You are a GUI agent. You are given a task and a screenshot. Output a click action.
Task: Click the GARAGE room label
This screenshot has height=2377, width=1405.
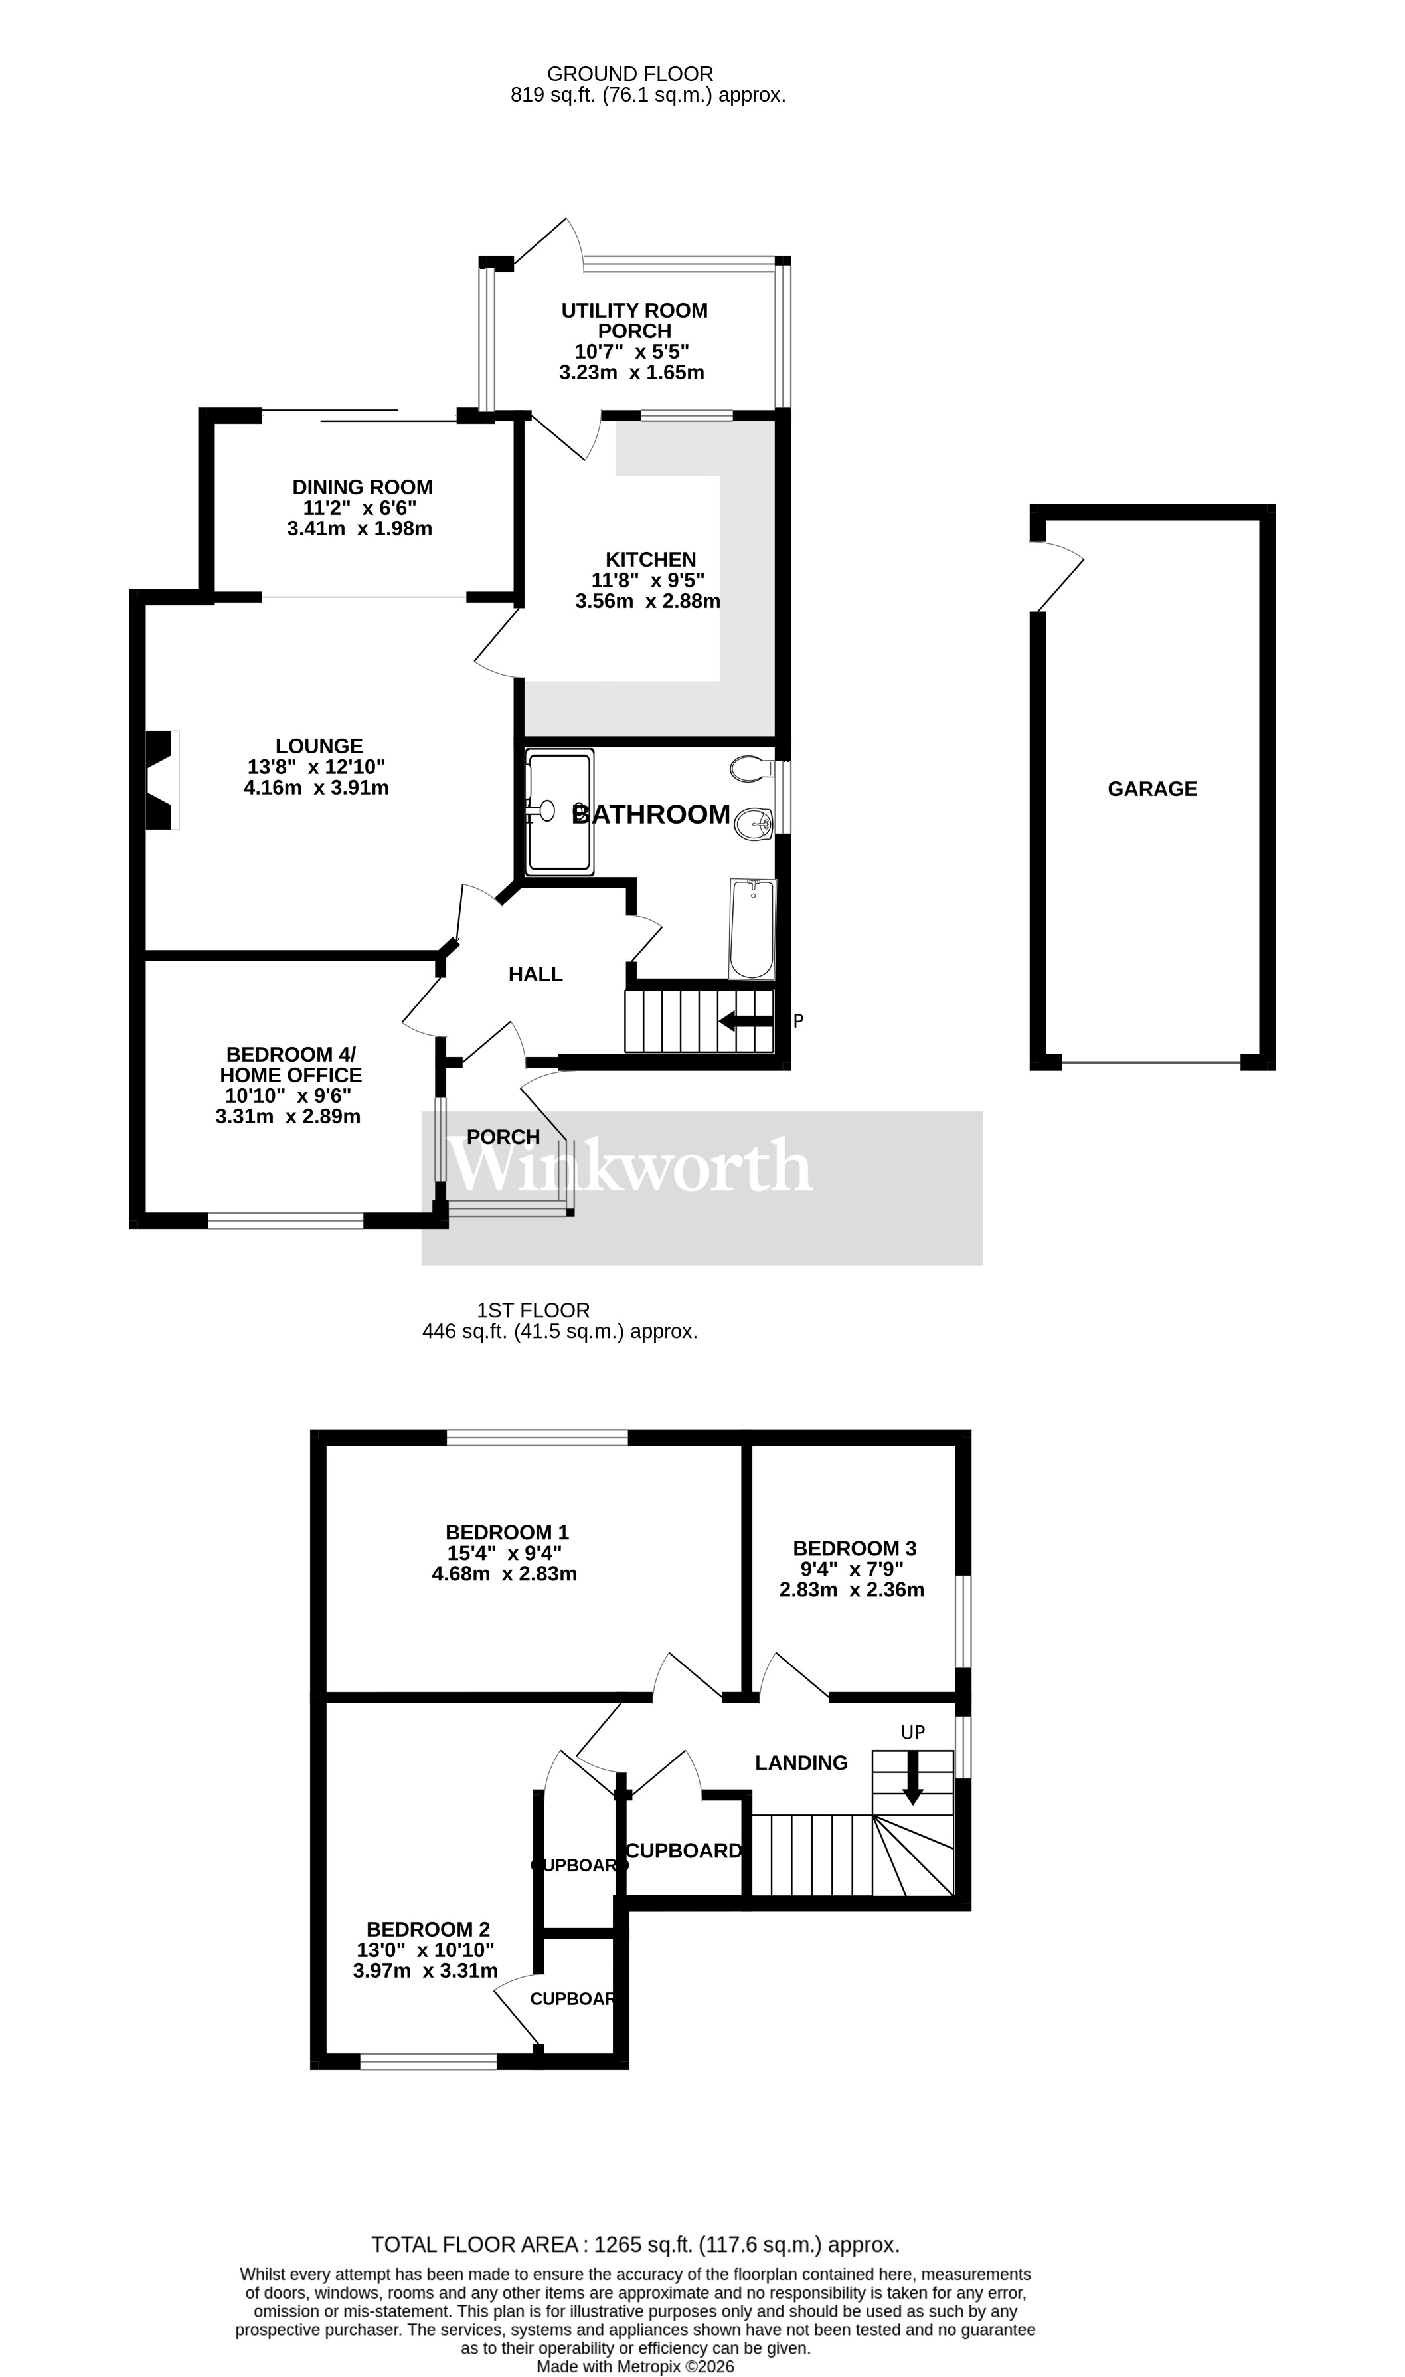(1151, 789)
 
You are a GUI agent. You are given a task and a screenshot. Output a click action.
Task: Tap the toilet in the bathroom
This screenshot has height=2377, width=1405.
(753, 768)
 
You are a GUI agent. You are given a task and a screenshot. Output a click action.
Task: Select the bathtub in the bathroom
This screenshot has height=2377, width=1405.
(752, 929)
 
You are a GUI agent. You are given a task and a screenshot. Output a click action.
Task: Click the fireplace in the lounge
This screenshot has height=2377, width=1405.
(161, 781)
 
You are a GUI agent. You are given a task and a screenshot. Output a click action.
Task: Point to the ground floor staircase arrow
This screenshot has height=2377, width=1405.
(746, 1021)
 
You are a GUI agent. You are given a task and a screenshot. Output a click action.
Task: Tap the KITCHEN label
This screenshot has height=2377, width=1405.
(651, 559)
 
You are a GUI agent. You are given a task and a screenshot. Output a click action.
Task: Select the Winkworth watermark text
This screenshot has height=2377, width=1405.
(629, 1166)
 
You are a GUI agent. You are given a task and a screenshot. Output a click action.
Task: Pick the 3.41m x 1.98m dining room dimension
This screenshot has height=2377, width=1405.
(360, 528)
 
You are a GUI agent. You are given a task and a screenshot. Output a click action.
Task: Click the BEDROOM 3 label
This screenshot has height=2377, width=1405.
(854, 1549)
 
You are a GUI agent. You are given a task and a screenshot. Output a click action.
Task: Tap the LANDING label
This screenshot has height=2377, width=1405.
(801, 1762)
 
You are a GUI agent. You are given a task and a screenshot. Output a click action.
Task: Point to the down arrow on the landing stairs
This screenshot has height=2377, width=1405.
(913, 1778)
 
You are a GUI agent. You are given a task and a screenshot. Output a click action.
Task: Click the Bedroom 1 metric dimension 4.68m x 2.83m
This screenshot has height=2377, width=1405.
(504, 1574)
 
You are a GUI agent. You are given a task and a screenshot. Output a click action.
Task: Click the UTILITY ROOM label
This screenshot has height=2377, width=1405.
(634, 311)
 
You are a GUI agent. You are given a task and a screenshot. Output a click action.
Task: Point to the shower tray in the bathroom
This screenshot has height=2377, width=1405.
(560, 810)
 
